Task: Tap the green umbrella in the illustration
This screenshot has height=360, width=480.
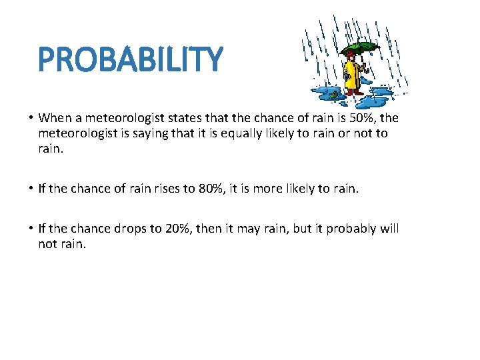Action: click(359, 48)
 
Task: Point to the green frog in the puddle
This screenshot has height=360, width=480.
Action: click(333, 95)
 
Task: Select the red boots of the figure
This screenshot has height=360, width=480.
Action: click(352, 91)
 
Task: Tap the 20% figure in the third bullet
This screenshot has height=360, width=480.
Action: click(178, 229)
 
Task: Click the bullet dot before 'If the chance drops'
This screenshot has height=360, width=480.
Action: click(31, 229)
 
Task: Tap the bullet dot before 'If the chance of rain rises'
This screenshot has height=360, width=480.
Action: click(31, 189)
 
